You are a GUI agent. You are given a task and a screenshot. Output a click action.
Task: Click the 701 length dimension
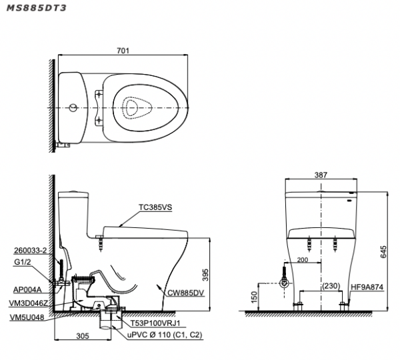123,50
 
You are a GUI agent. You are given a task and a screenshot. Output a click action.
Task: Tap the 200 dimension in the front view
304,260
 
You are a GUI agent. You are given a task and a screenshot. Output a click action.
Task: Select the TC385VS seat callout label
156,207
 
